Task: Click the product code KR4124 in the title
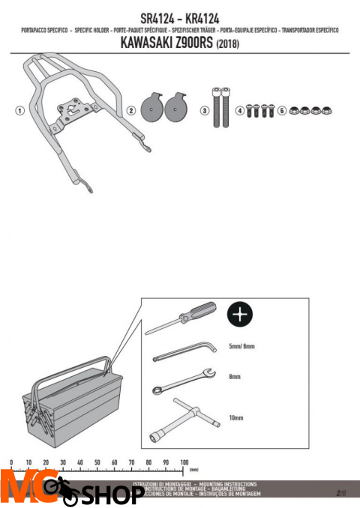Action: pos(214,17)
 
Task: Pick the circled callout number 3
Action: pos(204,109)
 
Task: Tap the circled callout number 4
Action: pos(239,109)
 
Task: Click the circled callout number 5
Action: pos(281,109)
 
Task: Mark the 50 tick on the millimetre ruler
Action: pos(97,463)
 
